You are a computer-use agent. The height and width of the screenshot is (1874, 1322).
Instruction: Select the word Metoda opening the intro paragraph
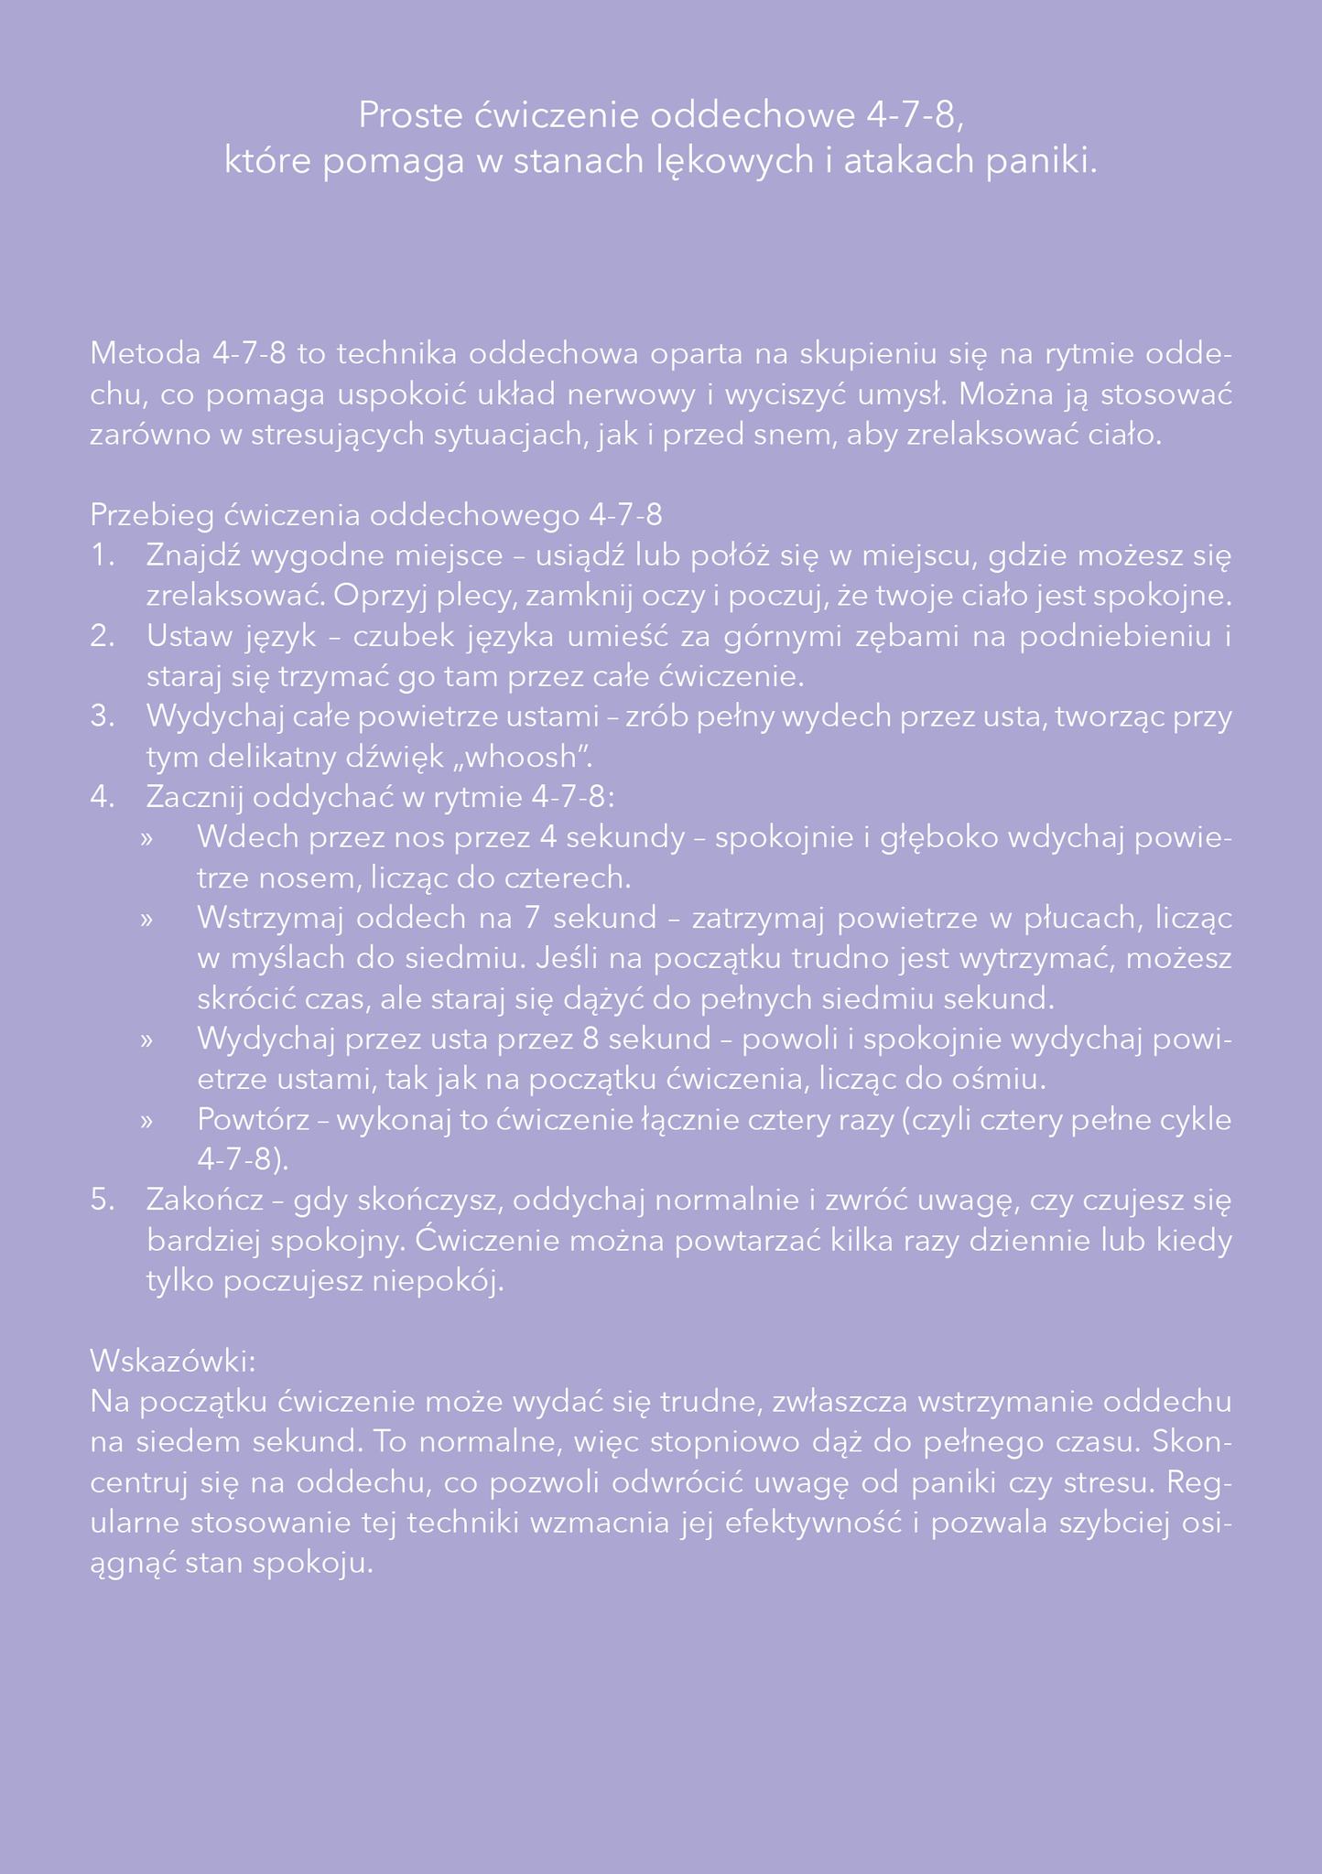[146, 353]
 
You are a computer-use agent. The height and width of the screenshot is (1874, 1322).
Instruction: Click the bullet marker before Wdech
[145, 838]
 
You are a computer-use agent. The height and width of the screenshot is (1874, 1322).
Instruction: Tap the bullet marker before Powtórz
[145, 1120]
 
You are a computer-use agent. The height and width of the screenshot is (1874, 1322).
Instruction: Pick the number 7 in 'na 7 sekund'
[533, 918]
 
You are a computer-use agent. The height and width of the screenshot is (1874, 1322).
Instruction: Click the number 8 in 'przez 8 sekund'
[591, 1039]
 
